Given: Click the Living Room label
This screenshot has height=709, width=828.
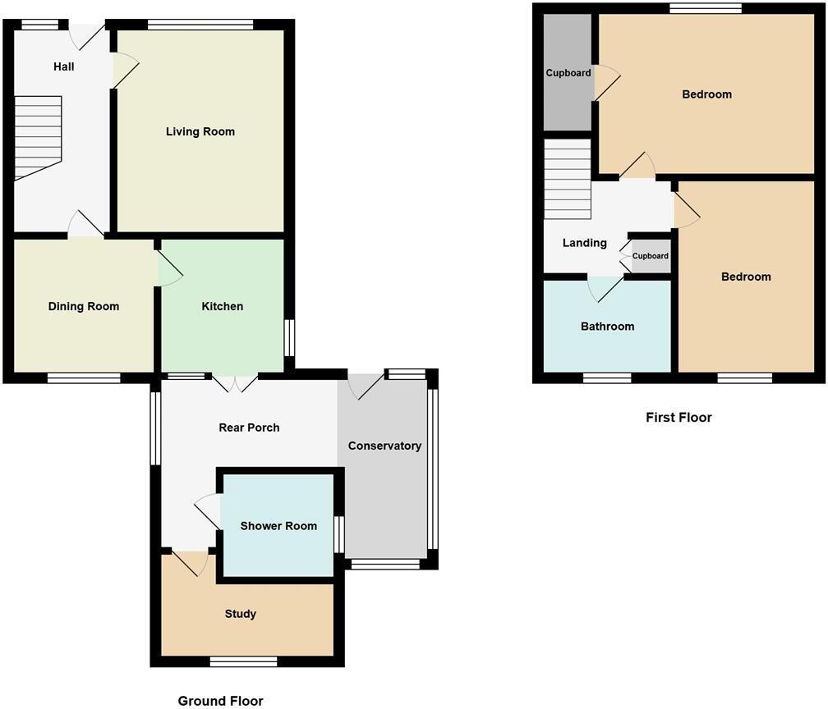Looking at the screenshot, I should click(x=200, y=131).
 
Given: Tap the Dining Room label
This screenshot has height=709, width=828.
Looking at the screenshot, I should click(x=83, y=306).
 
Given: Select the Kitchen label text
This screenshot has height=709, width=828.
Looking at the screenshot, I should click(x=222, y=306).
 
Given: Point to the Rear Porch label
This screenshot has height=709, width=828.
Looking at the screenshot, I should click(x=248, y=427).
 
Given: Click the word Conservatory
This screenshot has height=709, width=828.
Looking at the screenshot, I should click(x=384, y=446).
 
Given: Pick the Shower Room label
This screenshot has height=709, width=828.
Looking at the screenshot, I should click(x=278, y=526).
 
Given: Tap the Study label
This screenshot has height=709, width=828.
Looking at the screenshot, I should click(x=241, y=614).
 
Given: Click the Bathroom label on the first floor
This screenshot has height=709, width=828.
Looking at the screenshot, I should click(x=607, y=327).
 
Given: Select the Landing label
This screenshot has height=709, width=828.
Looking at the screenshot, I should click(x=584, y=243).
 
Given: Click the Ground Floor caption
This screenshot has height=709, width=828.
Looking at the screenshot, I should click(x=220, y=700).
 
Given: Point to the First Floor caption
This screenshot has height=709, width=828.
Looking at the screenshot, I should click(x=678, y=417).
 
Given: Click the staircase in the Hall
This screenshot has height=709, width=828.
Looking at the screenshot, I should click(x=38, y=136).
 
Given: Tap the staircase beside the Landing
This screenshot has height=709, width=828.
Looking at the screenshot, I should click(x=568, y=179).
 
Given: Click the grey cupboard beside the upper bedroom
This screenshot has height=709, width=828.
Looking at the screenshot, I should click(x=568, y=74).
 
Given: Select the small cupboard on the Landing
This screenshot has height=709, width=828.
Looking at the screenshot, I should click(x=650, y=256).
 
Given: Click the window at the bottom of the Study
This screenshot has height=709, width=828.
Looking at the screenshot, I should click(x=243, y=661).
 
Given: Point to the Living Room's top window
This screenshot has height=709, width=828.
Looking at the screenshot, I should click(x=201, y=25).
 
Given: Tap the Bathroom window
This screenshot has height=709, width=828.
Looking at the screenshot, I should click(x=608, y=377).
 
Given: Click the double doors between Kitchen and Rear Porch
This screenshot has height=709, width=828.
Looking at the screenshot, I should click(x=235, y=378).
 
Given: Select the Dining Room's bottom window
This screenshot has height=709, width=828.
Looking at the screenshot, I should click(x=84, y=377).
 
